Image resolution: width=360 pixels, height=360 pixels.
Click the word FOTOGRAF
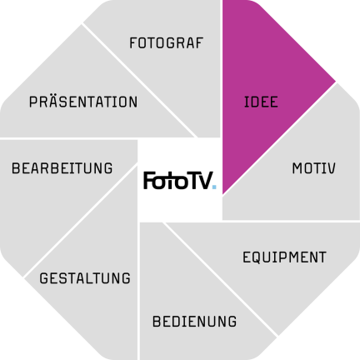click(x=167, y=43)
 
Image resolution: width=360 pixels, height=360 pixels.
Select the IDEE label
click(x=261, y=102)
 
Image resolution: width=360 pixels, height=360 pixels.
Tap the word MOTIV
click(x=314, y=168)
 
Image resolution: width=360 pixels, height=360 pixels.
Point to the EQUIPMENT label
click(x=284, y=257)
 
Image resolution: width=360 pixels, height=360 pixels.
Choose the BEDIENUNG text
click(x=194, y=322)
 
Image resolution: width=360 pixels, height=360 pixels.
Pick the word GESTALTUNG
click(x=85, y=278)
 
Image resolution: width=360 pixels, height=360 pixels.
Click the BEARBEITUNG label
click(x=62, y=168)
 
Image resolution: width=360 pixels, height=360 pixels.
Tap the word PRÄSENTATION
click(x=83, y=101)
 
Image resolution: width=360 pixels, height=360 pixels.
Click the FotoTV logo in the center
click(x=180, y=181)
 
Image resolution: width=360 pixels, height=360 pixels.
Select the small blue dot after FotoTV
click(x=214, y=187)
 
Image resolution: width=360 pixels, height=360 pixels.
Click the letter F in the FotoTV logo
click(x=148, y=181)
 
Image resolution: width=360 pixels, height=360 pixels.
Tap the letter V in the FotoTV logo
click(x=206, y=181)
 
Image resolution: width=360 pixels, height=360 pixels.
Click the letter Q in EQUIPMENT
click(x=258, y=257)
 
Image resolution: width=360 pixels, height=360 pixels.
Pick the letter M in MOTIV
click(x=297, y=168)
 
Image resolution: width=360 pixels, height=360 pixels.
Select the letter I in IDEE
click(x=245, y=102)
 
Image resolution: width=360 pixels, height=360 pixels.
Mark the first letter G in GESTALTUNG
click(x=44, y=278)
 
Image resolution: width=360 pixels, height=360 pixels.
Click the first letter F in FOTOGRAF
click(x=133, y=43)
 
